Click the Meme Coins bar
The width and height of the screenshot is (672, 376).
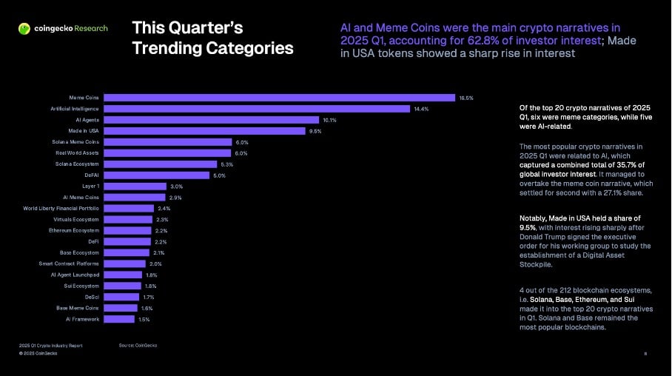pyautogui.click(x=279, y=98)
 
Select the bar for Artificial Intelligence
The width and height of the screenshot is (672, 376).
pyautogui.click(x=257, y=109)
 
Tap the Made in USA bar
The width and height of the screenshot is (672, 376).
pyautogui.click(x=204, y=131)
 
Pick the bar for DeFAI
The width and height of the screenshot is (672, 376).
pyautogui.click(x=157, y=175)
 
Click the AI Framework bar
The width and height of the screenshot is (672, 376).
pyautogui.click(x=119, y=319)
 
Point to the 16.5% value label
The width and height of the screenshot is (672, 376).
pyautogui.click(x=466, y=98)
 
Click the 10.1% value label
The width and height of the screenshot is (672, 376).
pyautogui.click(x=329, y=120)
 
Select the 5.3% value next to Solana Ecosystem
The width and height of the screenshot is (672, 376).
pyautogui.click(x=227, y=164)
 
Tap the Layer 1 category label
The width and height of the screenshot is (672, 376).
pyautogui.click(x=90, y=187)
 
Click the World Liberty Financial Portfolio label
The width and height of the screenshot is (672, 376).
pyautogui.click(x=61, y=209)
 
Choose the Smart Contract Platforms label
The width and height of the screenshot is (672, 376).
pyautogui.click(x=69, y=263)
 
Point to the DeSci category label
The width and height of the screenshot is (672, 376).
pyautogui.click(x=92, y=297)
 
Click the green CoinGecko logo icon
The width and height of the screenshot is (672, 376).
pyautogui.click(x=24, y=29)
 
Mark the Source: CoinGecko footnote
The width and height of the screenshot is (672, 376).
pyautogui.click(x=138, y=346)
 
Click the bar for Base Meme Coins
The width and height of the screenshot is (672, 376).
pyautogui.click(x=121, y=308)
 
